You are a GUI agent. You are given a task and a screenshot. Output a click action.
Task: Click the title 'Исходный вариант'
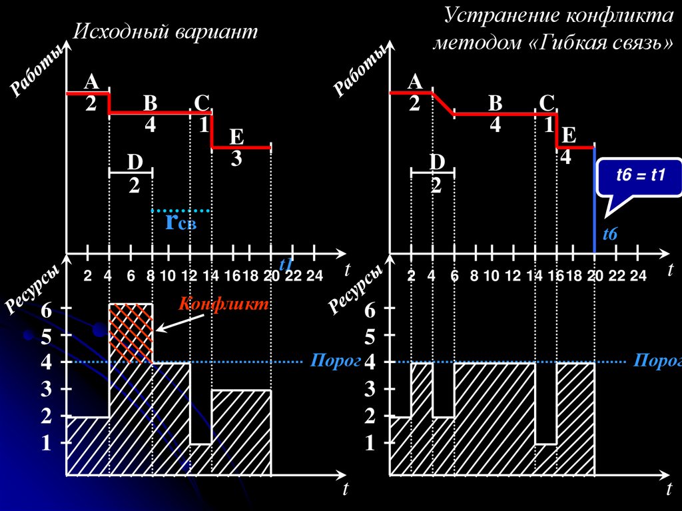tap(165, 33)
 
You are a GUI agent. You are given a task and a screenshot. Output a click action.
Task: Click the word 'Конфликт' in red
tap(224, 304)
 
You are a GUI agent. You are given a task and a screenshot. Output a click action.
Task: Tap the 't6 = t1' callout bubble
tap(640, 177)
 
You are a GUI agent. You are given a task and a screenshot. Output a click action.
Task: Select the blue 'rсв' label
tap(180, 222)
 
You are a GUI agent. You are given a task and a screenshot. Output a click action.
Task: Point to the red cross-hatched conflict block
tap(131, 332)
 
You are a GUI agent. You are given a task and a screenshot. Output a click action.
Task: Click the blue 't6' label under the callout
tap(610, 235)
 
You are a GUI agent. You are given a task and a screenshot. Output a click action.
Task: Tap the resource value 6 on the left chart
tap(45, 310)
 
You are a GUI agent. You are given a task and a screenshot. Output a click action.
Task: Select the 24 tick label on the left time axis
tap(314, 276)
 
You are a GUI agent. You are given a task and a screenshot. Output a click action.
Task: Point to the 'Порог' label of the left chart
tap(326, 362)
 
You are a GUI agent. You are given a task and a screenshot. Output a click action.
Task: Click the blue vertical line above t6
tap(594, 200)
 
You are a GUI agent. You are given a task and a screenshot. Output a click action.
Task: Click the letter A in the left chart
tap(91, 82)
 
